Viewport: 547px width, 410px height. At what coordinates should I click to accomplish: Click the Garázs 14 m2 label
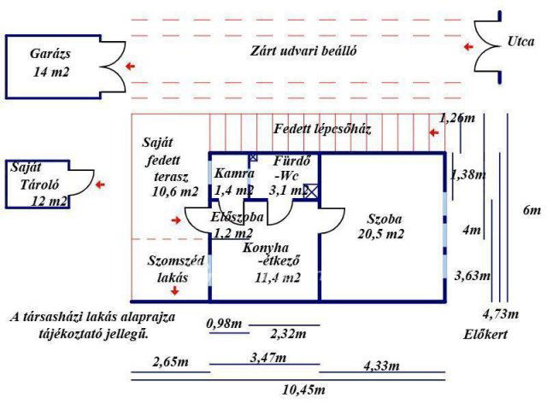tap(50, 62)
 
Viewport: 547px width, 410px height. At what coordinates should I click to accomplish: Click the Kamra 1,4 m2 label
tap(233, 182)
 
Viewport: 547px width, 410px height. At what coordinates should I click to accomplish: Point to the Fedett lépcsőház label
tap(321, 130)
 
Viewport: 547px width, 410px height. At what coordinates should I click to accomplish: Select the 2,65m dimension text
tap(170, 363)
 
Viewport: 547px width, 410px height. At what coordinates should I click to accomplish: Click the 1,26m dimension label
tap(456, 119)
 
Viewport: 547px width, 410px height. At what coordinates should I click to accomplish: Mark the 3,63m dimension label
tap(472, 275)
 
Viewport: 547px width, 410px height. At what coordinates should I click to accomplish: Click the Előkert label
tap(485, 335)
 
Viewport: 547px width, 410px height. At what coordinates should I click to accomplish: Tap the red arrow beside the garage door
tap(130, 65)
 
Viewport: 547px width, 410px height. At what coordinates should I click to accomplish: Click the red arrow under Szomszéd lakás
tap(175, 291)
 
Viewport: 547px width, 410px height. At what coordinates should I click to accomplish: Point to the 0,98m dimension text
tap(225, 323)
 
